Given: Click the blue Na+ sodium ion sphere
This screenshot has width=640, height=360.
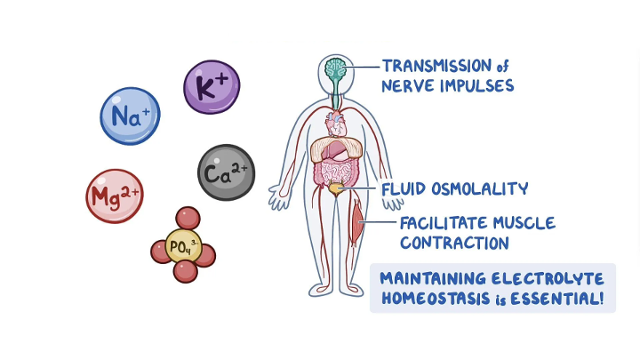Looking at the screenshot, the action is click(x=130, y=116).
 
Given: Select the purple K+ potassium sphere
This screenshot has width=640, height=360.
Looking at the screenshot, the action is click(x=212, y=87).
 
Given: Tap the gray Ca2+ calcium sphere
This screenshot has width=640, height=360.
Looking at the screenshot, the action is click(x=226, y=172).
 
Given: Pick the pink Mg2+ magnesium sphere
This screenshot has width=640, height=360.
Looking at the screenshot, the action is click(x=115, y=196).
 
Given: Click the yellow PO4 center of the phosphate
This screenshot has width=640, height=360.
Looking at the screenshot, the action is click(x=184, y=246).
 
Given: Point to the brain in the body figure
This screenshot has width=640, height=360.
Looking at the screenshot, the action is click(x=335, y=68).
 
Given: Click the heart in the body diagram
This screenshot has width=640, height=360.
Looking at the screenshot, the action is click(x=336, y=124).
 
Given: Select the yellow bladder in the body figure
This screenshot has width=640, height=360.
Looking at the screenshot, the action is click(x=336, y=189).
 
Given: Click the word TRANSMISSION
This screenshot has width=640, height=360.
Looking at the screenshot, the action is click(x=436, y=66).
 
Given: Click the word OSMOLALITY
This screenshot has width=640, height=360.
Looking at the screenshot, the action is click(x=480, y=188).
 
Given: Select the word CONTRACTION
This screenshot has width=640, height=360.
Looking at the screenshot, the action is click(x=454, y=243).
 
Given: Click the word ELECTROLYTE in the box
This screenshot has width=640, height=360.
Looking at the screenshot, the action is click(x=548, y=279).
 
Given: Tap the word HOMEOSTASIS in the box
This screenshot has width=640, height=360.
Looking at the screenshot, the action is click(x=436, y=299).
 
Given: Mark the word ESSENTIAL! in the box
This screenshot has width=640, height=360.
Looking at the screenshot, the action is click(x=557, y=299).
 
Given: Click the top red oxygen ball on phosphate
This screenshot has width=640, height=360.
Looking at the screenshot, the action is click(x=188, y=218).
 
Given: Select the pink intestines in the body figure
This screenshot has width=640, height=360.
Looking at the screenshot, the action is click(x=335, y=172).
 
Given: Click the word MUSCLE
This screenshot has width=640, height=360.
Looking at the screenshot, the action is click(x=524, y=223).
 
